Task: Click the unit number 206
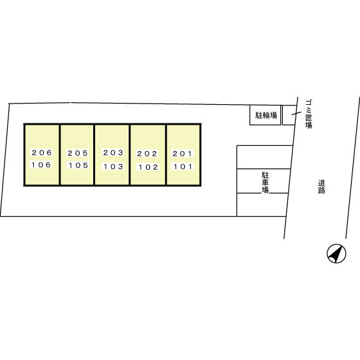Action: (42, 152)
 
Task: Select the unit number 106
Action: (41, 165)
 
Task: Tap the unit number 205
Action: (78, 153)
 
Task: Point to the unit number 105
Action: (78, 165)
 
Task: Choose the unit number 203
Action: (113, 152)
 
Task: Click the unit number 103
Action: (113, 166)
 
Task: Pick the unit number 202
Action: (147, 154)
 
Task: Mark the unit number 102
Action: (148, 167)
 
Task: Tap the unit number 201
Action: (183, 154)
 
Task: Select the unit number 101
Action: (183, 166)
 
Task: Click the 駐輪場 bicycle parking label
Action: (266, 115)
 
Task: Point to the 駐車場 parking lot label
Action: (265, 183)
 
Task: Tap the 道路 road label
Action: (321, 187)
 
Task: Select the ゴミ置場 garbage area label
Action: (309, 114)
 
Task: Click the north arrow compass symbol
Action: (336, 253)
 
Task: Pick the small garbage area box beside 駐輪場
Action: (289, 115)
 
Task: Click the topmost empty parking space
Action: (264, 157)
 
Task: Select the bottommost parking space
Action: (262, 205)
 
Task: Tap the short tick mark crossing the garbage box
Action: (296, 113)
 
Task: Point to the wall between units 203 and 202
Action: (130, 154)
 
